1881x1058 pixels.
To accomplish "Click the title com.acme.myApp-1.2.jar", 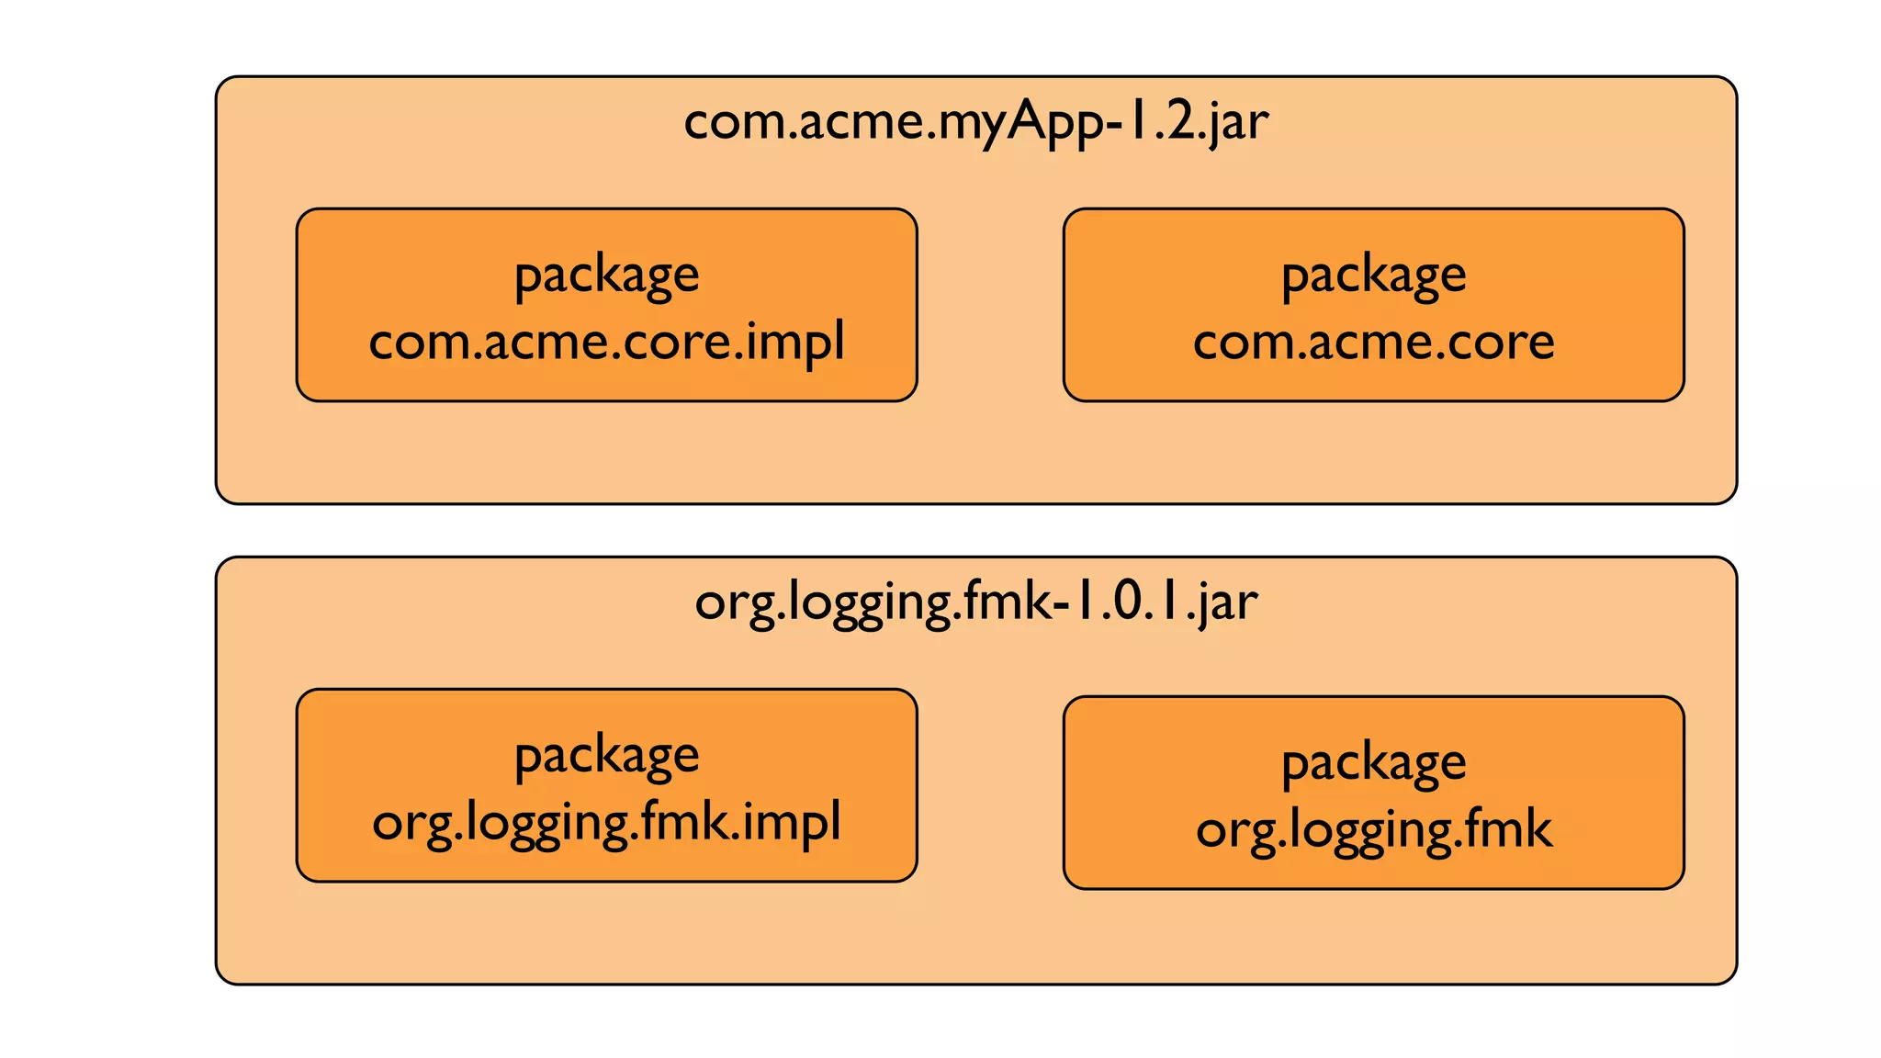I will point(975,122).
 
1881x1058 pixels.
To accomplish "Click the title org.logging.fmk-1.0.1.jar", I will point(975,603).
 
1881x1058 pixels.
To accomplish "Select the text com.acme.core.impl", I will point(606,342).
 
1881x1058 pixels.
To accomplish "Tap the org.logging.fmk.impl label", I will point(606,822).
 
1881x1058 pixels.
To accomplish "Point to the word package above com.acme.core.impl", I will point(606,276).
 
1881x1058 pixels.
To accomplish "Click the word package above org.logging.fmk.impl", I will point(606,757).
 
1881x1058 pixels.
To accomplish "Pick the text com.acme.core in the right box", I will point(1373,342).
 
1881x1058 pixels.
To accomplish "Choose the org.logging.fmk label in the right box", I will point(1373,829).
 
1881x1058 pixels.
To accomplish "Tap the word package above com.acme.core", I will point(1373,276).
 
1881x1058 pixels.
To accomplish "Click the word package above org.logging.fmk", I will point(1373,763).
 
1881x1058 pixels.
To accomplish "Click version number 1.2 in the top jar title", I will point(1161,122).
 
